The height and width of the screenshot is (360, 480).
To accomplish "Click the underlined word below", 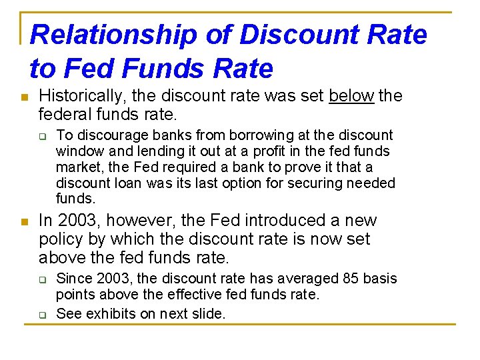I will (x=351, y=96).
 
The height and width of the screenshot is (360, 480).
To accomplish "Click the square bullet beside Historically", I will (x=25, y=97).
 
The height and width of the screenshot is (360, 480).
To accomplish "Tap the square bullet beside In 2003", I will (x=25, y=222).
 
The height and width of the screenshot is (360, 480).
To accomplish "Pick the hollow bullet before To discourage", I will (x=42, y=136).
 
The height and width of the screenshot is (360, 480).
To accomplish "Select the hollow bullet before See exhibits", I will (x=42, y=313).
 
